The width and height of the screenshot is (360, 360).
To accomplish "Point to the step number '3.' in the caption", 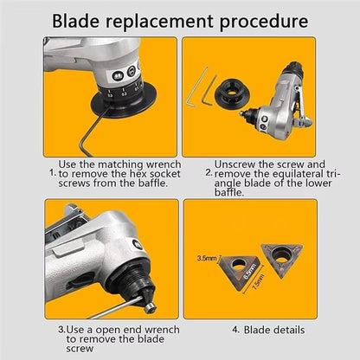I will coord(61,330).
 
